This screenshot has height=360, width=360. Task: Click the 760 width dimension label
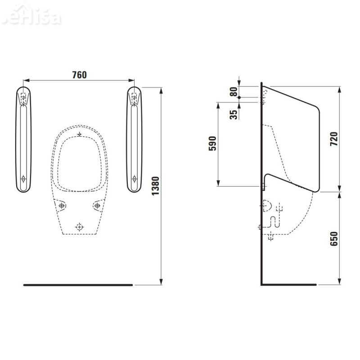[x=79, y=75]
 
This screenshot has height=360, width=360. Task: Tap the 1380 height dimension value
[x=155, y=185]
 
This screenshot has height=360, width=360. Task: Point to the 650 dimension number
[x=333, y=238]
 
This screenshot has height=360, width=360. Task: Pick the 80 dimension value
[x=233, y=92]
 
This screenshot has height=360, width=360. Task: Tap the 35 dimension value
[x=233, y=114]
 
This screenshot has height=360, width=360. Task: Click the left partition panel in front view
[x=24, y=139]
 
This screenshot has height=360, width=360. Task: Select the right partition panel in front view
[x=135, y=139]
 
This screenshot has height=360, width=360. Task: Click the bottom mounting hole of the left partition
[x=23, y=180]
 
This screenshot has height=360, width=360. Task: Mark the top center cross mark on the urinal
[x=80, y=135]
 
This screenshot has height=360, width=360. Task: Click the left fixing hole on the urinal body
[x=62, y=206]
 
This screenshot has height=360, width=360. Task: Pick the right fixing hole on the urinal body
[x=97, y=206]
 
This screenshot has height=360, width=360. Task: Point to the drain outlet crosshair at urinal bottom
[x=80, y=227]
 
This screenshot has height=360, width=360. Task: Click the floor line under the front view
[x=78, y=285]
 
